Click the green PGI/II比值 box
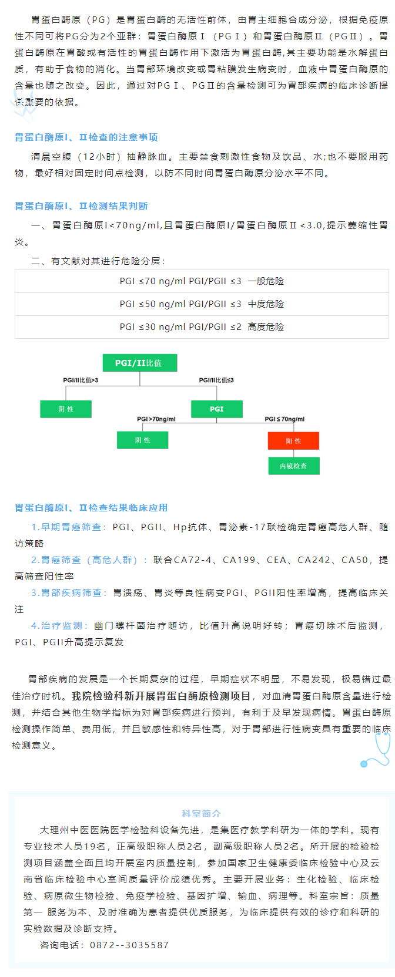click(x=139, y=363)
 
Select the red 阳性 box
click(x=293, y=440)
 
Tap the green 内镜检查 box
click(x=293, y=466)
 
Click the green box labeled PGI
click(x=217, y=409)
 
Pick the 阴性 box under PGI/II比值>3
click(x=66, y=409)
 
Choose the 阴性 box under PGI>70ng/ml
click(x=143, y=440)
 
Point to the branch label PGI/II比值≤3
click(x=216, y=380)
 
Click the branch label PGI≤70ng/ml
click(x=284, y=419)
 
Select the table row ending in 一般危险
click(x=202, y=281)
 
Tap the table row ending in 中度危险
click(x=202, y=304)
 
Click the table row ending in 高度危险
click(x=202, y=327)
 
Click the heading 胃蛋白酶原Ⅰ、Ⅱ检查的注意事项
click(x=86, y=137)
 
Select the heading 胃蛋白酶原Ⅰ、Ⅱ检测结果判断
click(x=81, y=206)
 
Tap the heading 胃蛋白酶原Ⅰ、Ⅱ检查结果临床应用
click(x=91, y=508)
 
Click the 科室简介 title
click(x=201, y=814)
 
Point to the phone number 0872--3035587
click(x=129, y=945)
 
